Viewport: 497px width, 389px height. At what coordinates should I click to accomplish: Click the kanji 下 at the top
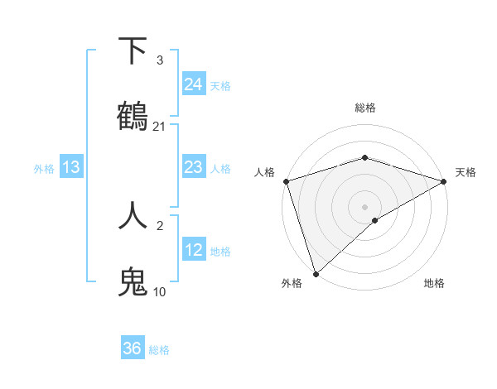pos(133,51)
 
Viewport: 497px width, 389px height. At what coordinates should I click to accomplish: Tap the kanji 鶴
pos(133,118)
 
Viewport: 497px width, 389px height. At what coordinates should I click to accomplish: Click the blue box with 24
pos(194,84)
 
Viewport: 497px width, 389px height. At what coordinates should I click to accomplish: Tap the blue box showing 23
pos(194,167)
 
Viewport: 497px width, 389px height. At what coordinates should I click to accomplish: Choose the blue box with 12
pos(194,249)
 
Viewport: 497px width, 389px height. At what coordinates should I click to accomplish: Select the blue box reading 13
pos(71,167)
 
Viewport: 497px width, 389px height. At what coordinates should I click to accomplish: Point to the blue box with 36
pos(133,348)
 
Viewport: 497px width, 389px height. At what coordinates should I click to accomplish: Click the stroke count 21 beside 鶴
pos(160,127)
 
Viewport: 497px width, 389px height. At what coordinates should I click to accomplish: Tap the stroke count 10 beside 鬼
pos(160,292)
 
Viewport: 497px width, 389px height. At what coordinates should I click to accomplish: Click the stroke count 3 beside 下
pos(160,60)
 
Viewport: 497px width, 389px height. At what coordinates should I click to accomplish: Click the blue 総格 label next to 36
pos(159,350)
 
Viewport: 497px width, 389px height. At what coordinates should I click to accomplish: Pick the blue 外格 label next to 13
pos(44,169)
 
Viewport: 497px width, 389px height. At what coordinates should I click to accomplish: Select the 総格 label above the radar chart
pos(365,108)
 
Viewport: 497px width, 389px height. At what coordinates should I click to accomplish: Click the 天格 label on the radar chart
pos(466,172)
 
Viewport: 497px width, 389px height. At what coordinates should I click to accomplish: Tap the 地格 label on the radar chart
pos(434,283)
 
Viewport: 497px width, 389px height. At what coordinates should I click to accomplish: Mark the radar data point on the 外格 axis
pos(316,273)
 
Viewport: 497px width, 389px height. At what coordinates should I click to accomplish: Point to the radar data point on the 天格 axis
pos(445,181)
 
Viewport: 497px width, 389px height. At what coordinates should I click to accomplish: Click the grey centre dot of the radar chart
pos(365,206)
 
